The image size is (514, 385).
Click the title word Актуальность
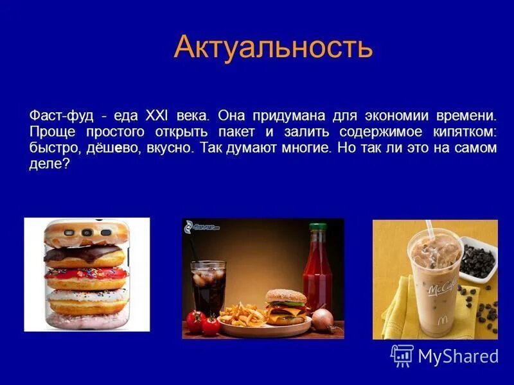[x=273, y=47]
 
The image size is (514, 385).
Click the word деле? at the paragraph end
[x=49, y=164]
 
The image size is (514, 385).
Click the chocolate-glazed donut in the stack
[x=84, y=254]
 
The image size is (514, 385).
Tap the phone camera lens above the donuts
[x=85, y=232]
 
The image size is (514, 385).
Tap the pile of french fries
[x=242, y=314]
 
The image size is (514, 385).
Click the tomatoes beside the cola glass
[x=203, y=321]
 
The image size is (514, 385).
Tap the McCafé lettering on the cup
[x=443, y=285]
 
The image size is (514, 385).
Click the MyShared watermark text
[x=458, y=356]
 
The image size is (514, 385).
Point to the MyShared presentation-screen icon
[x=402, y=355]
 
